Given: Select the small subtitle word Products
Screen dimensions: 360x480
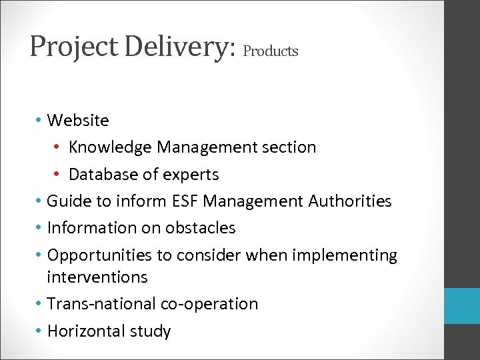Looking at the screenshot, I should (x=271, y=51).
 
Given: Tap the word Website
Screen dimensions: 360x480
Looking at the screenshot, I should (x=78, y=121).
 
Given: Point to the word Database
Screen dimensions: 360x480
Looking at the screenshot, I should (x=102, y=175).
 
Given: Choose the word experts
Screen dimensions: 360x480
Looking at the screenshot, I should (x=192, y=175).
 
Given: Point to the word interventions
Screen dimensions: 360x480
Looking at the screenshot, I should (x=97, y=276).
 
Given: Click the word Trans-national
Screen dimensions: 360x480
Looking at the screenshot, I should (x=102, y=304).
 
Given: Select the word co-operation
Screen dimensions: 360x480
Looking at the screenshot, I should (x=211, y=304).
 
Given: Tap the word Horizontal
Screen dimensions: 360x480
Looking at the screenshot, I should (x=89, y=331).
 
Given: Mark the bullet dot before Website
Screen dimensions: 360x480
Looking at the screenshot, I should (x=39, y=121).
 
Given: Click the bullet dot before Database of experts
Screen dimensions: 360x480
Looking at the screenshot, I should (x=60, y=175).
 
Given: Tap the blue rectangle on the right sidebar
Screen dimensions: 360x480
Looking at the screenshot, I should (x=462, y=306).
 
